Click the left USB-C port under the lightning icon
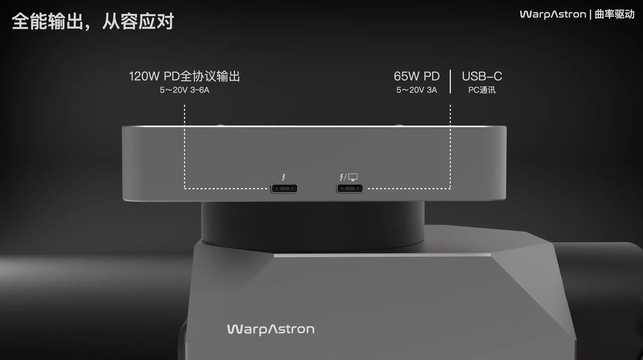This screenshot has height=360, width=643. (284, 188)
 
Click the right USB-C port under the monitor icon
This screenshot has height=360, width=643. (350, 188)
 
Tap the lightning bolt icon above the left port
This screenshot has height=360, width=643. (284, 177)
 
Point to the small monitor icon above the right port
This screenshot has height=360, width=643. (353, 177)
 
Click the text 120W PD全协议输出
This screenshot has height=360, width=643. (184, 76)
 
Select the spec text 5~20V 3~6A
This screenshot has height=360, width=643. (185, 90)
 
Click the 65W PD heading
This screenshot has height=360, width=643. (417, 76)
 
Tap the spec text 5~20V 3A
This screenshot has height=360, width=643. (417, 90)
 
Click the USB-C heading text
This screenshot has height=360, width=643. (482, 76)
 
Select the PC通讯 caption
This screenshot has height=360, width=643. (482, 90)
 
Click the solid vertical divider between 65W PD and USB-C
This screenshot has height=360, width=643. (450, 82)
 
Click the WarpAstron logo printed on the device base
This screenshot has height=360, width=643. (271, 330)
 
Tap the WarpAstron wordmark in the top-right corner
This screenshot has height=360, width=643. (553, 14)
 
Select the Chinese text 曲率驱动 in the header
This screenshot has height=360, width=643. (614, 14)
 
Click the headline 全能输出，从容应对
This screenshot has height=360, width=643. (93, 21)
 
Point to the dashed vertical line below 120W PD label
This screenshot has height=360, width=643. (185, 146)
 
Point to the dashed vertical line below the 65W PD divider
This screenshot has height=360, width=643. (450, 146)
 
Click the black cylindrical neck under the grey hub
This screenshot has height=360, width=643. (313, 225)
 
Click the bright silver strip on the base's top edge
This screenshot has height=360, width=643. (382, 255)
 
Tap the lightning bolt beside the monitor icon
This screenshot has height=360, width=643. (341, 177)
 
